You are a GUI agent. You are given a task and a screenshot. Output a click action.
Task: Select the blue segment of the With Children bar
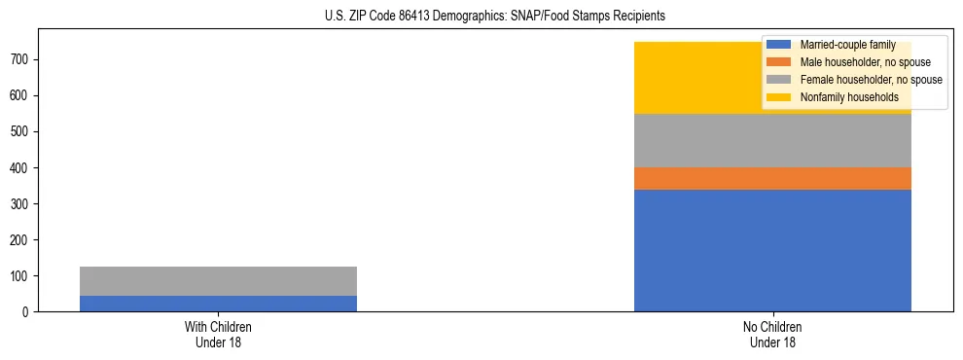(x=218, y=304)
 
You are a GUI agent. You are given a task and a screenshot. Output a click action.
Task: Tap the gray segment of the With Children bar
(x=218, y=281)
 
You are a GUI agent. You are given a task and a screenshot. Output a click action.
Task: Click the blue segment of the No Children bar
(x=772, y=250)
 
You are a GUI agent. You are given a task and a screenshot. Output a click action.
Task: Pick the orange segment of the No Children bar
(x=772, y=178)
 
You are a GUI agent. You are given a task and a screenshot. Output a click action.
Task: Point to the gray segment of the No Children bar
(x=772, y=141)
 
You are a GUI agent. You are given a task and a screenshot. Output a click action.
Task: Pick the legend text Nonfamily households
(x=842, y=97)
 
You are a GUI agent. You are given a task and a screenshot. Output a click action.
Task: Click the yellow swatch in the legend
(x=779, y=97)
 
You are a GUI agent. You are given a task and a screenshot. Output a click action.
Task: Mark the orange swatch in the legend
(x=779, y=62)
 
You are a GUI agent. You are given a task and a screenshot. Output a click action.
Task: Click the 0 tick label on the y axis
(x=28, y=312)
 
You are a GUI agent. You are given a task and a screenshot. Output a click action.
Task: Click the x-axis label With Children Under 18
(x=218, y=334)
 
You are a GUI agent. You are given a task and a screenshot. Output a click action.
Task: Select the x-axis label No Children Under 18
(x=772, y=334)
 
